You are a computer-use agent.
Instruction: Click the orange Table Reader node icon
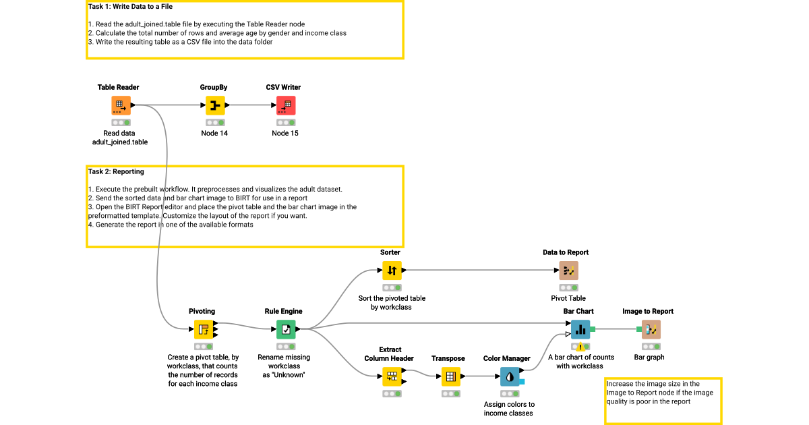pyautogui.click(x=121, y=105)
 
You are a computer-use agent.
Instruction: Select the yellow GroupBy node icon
pyautogui.click(x=215, y=105)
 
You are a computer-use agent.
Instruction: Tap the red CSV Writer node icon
pyautogui.click(x=286, y=105)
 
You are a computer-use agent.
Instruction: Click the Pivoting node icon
pyautogui.click(x=204, y=329)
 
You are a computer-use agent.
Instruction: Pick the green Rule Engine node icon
pyautogui.click(x=286, y=329)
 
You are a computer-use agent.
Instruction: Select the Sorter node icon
pyautogui.click(x=392, y=271)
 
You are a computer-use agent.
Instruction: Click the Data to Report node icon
pyautogui.click(x=568, y=271)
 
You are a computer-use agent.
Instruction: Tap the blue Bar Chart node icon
pyautogui.click(x=580, y=329)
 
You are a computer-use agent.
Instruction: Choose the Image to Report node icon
pyautogui.click(x=651, y=329)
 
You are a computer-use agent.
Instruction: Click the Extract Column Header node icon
pyautogui.click(x=392, y=376)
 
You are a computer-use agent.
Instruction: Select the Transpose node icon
pyautogui.click(x=451, y=376)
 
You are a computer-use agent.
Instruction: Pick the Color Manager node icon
pyautogui.click(x=510, y=376)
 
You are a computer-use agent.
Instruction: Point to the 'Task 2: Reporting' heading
pyautogui.click(x=115, y=172)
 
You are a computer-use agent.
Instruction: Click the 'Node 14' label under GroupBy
pyautogui.click(x=214, y=134)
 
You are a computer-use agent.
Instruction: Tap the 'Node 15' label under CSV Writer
pyautogui.click(x=285, y=134)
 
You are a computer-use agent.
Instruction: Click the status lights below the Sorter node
pyautogui.click(x=392, y=287)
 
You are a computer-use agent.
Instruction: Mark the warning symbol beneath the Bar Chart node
pyautogui.click(x=580, y=347)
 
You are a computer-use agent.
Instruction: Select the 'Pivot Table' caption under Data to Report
pyautogui.click(x=568, y=298)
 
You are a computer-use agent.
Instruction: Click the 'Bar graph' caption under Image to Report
pyautogui.click(x=651, y=357)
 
